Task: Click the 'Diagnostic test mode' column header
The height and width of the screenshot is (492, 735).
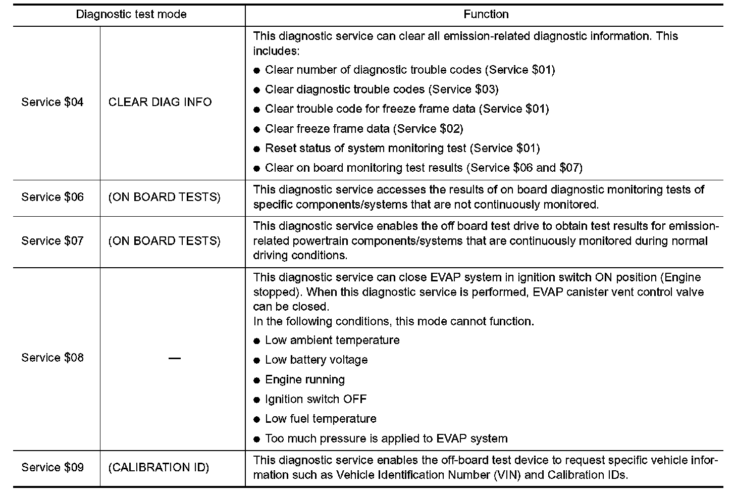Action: (131, 14)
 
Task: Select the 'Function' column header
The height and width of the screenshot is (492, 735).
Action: (486, 14)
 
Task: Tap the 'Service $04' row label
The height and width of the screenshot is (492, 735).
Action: (52, 102)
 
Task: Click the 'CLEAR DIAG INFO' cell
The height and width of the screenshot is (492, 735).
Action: (160, 102)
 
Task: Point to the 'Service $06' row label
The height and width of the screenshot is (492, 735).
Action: (52, 197)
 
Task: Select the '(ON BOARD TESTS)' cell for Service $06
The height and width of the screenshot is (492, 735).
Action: (165, 197)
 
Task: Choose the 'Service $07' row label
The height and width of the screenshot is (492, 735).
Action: (52, 241)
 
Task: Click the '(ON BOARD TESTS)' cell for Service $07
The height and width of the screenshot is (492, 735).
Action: (165, 241)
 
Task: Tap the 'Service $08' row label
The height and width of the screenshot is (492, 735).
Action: (52, 358)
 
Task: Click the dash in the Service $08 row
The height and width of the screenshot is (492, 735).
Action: (175, 358)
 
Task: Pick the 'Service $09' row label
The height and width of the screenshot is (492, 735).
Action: (52, 467)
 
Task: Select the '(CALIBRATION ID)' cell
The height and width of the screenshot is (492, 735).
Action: (159, 467)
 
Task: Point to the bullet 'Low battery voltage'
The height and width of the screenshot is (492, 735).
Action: (316, 360)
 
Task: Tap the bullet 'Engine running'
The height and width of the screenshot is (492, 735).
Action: (305, 380)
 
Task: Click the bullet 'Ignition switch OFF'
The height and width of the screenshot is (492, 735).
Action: (316, 400)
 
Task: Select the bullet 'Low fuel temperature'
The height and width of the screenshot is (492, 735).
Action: (321, 419)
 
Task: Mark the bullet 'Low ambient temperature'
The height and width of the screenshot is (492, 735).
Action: (332, 340)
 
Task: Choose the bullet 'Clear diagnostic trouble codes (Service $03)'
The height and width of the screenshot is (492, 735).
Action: (381, 89)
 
